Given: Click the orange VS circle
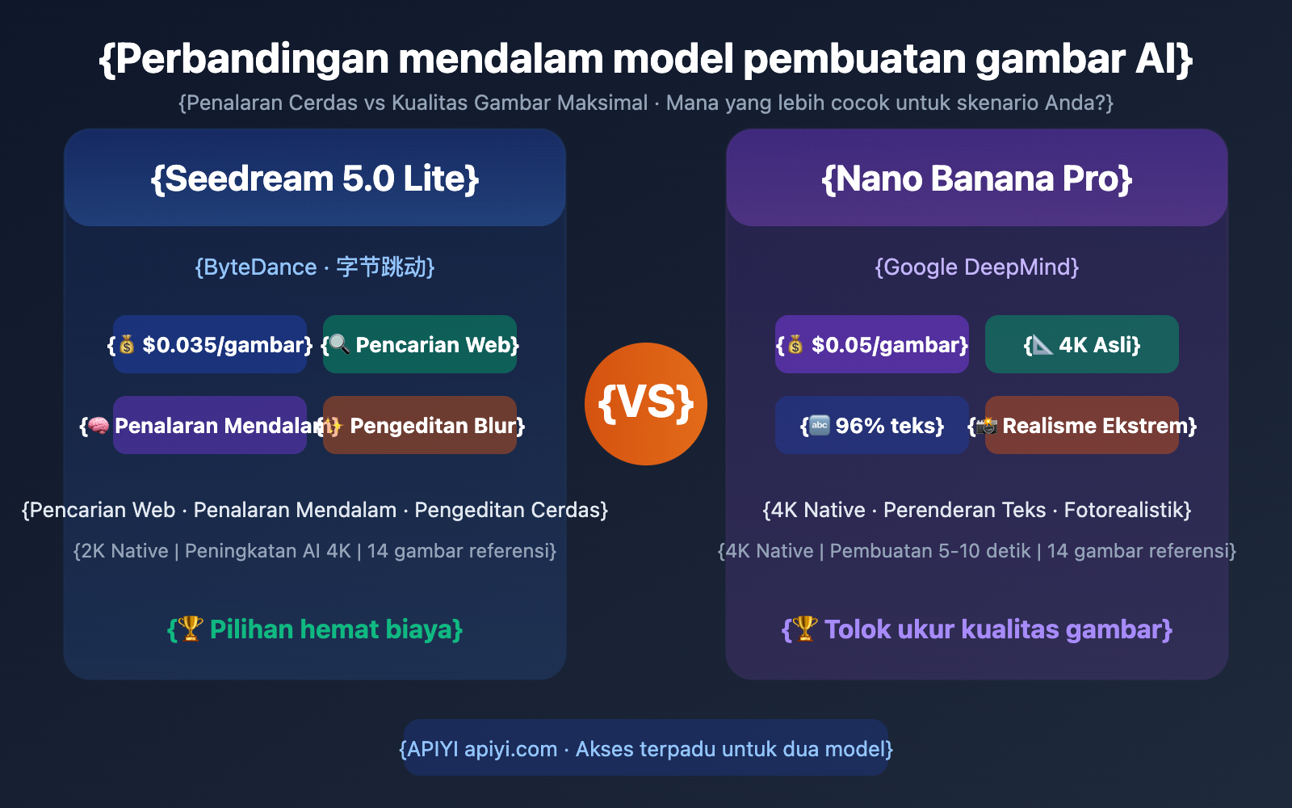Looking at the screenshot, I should (x=646, y=404).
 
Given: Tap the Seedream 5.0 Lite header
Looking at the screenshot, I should (x=315, y=179).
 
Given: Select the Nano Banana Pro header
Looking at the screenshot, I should (x=977, y=179).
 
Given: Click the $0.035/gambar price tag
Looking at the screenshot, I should (x=210, y=345).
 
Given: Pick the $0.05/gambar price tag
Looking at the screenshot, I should (x=872, y=345).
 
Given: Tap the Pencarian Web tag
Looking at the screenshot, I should (x=420, y=345).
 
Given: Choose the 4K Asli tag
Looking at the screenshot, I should (x=1082, y=345).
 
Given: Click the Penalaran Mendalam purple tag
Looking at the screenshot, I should (x=210, y=426).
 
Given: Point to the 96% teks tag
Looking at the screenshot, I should (x=872, y=426).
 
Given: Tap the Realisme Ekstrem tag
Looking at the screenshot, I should (x=1082, y=426).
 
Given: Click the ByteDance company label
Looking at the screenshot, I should (x=315, y=267).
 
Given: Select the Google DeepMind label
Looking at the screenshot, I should (x=977, y=267).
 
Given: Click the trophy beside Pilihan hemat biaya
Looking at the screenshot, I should (x=191, y=628).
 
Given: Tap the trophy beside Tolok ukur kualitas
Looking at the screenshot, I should (x=805, y=628).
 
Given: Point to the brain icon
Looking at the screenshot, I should (x=99, y=426).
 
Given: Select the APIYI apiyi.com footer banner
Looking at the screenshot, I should (x=646, y=749).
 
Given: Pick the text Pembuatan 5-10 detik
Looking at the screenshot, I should (x=930, y=551).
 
